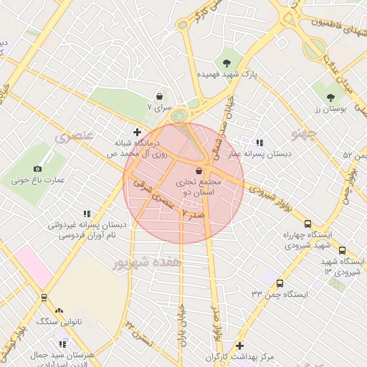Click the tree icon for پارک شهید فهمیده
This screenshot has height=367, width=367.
pos(228,62)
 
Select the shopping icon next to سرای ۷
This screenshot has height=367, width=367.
pos(158,95)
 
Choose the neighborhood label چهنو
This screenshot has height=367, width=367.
pos(305,134)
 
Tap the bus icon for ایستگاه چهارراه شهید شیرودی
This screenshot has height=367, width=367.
pos(308,224)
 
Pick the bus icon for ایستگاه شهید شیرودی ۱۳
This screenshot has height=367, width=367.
pos(342,251)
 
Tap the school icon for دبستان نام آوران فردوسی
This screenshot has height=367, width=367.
pos(87,214)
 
